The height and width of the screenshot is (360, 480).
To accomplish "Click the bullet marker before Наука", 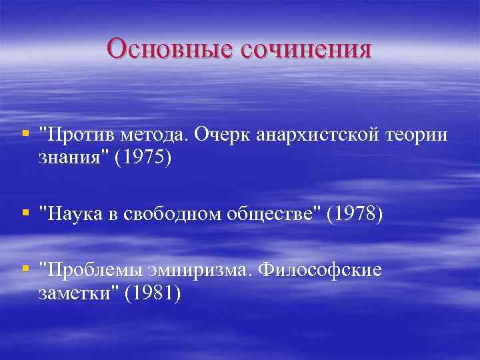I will click(x=25, y=213).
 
